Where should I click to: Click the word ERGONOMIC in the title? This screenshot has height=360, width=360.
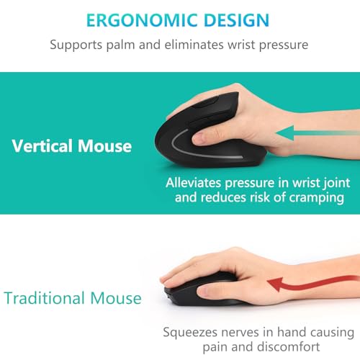tap(135, 20)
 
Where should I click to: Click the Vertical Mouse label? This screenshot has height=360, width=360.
tap(72, 146)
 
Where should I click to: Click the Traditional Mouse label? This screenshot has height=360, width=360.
tap(72, 297)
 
